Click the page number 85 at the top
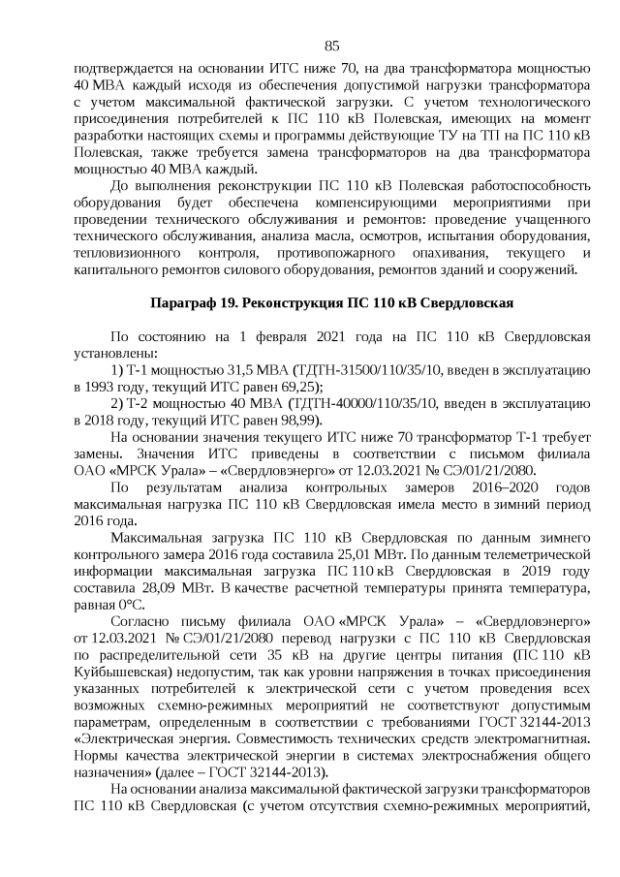[331, 47]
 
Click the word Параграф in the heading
[181, 302]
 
